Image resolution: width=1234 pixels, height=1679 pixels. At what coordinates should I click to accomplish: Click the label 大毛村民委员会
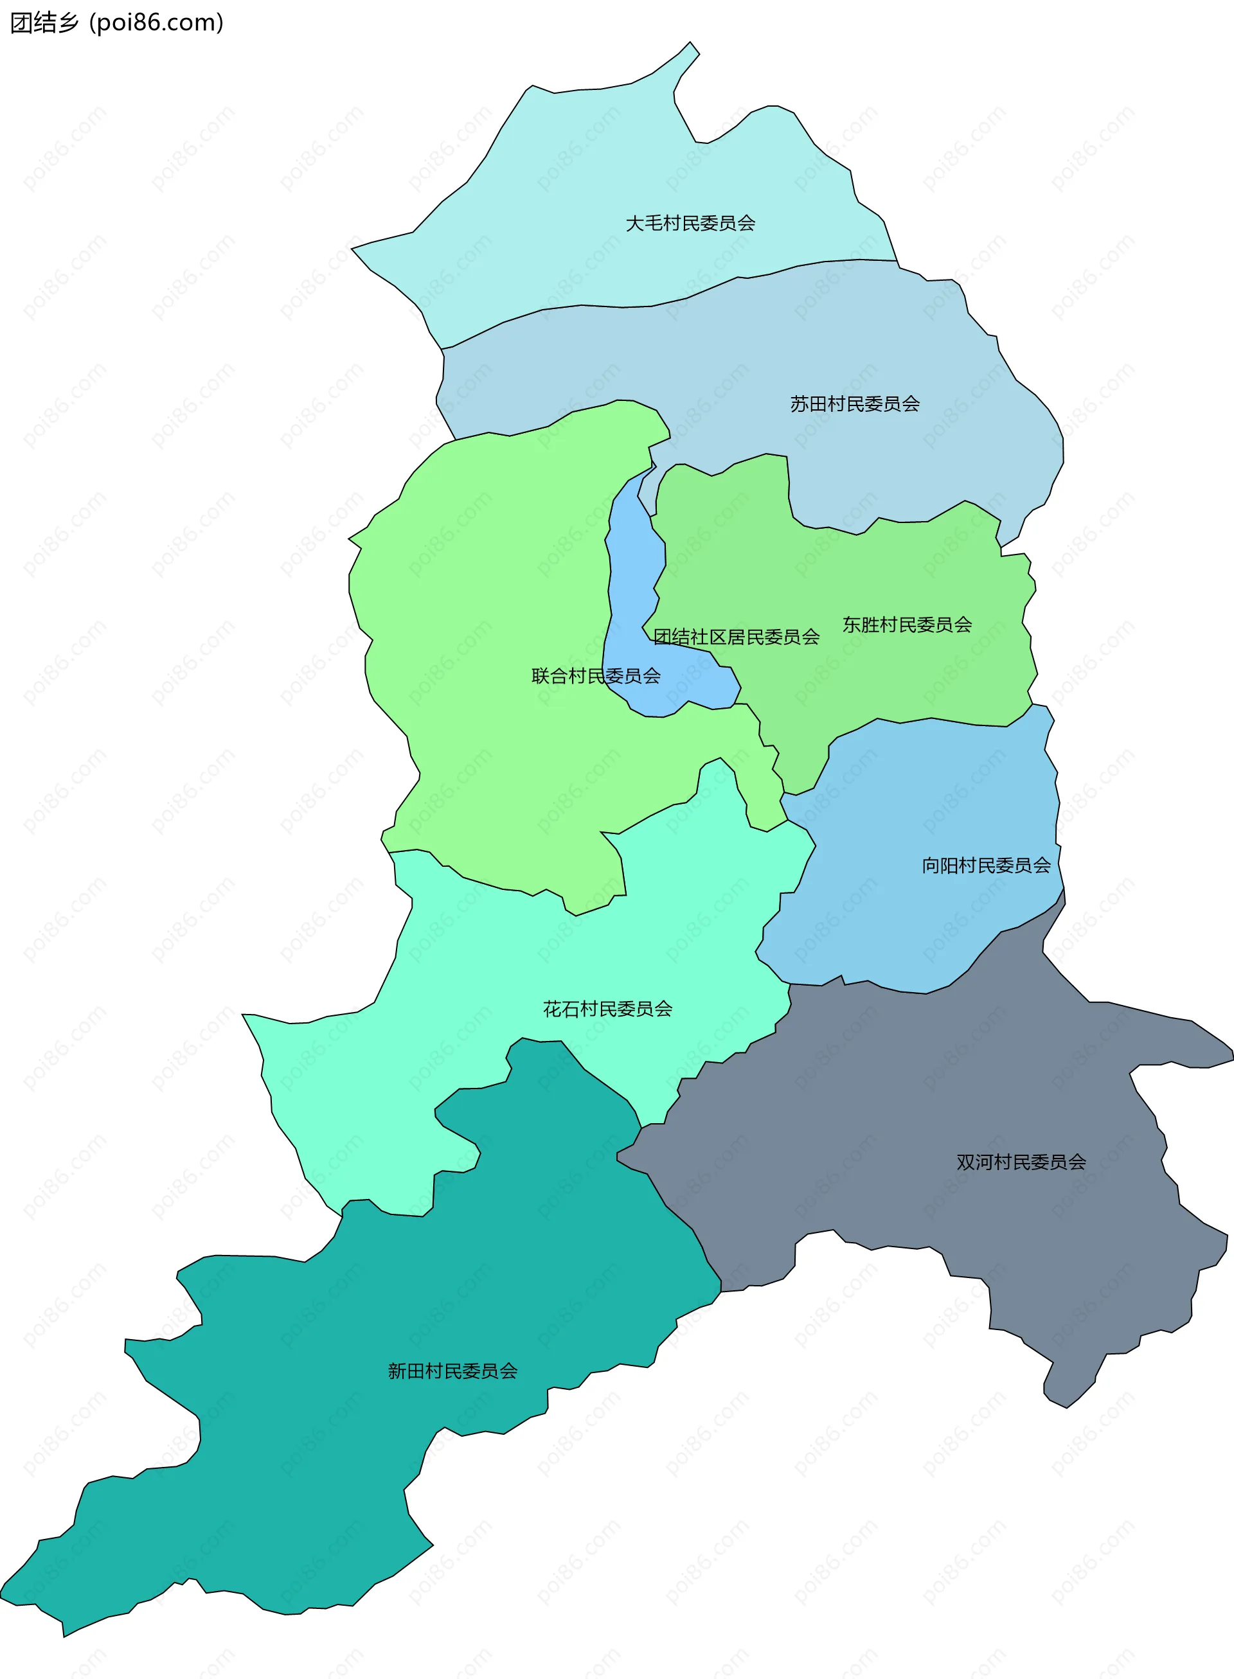(x=690, y=224)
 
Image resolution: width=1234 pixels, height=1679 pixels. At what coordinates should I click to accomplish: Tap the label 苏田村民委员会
(x=855, y=404)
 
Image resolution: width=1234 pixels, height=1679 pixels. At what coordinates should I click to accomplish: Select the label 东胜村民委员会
(x=907, y=625)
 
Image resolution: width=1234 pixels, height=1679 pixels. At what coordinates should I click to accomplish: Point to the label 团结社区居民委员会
(x=736, y=637)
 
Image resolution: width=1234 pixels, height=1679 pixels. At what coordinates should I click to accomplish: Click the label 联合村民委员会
(x=595, y=676)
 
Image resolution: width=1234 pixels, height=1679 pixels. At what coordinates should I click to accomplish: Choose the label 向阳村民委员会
(x=986, y=866)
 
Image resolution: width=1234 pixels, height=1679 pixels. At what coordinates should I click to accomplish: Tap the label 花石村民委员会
(x=607, y=1009)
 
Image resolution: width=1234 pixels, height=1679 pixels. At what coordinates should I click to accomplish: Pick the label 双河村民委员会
(x=1021, y=1162)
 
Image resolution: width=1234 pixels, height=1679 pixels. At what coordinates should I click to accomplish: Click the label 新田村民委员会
(x=452, y=1371)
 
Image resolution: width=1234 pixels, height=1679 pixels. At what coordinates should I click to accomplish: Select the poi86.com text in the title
(x=156, y=22)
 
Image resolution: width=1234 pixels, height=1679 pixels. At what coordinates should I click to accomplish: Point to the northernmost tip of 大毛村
(x=691, y=42)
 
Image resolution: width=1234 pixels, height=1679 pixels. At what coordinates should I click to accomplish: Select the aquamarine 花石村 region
(x=523, y=971)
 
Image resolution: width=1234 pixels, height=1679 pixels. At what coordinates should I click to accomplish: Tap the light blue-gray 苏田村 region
(x=747, y=359)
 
